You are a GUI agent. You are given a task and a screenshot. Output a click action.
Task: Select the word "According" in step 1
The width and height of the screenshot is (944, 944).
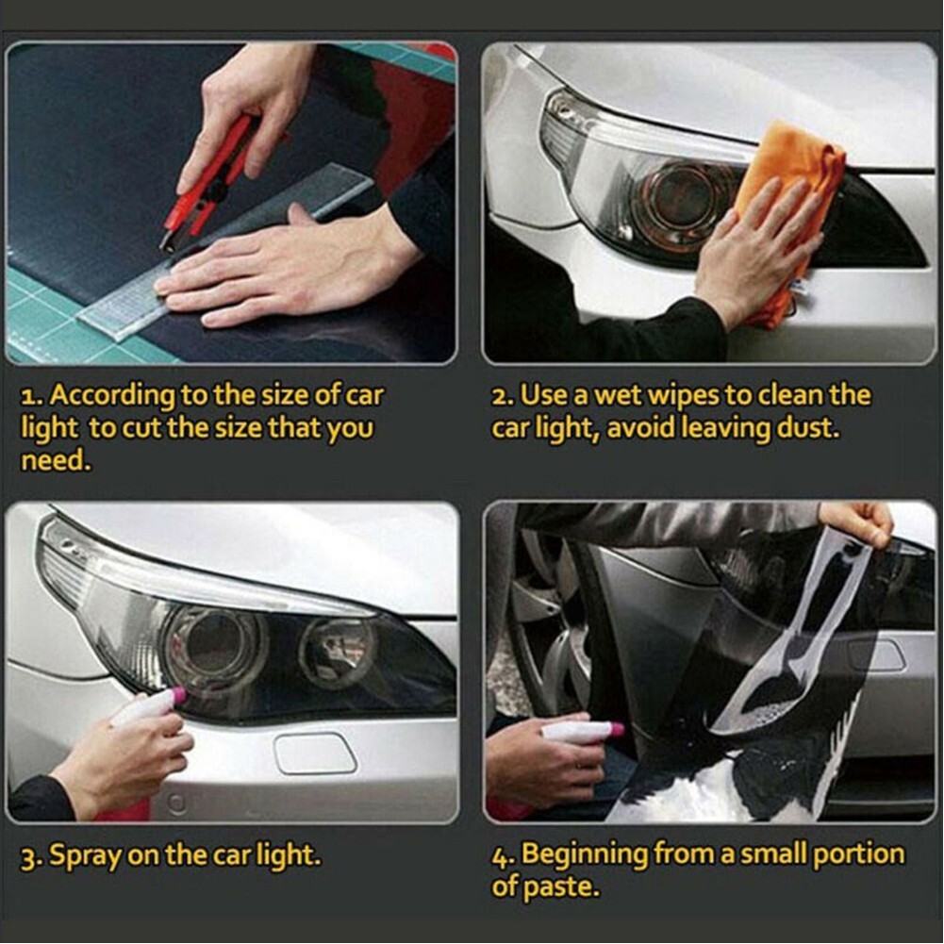(112, 395)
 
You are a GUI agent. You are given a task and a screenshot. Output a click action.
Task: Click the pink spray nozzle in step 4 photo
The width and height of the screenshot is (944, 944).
(618, 729)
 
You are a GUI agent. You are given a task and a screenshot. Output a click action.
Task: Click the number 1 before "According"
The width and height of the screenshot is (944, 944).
(28, 395)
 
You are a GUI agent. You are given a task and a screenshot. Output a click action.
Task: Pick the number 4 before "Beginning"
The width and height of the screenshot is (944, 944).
(500, 856)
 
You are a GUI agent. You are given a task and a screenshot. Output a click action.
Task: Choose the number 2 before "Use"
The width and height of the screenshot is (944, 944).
(501, 395)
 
